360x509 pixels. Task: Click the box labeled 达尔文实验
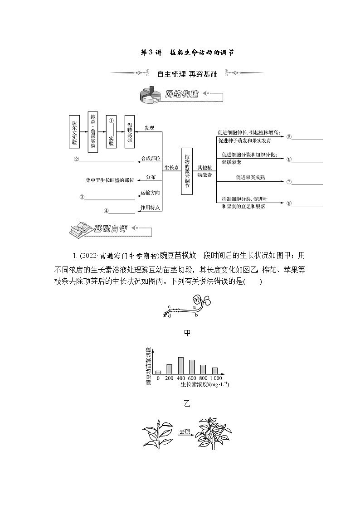click(x=74, y=131)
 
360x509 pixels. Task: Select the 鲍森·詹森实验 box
click(x=92, y=131)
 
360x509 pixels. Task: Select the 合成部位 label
click(x=151, y=159)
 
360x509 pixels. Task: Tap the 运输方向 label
click(x=151, y=193)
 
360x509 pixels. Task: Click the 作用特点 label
click(x=151, y=208)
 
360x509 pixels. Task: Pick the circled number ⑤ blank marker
click(x=288, y=137)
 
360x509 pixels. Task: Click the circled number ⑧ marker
click(x=288, y=203)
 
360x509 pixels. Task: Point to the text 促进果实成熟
click(x=248, y=178)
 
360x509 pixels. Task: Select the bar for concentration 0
click(x=158, y=372)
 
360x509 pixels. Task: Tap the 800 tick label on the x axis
click(x=203, y=378)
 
